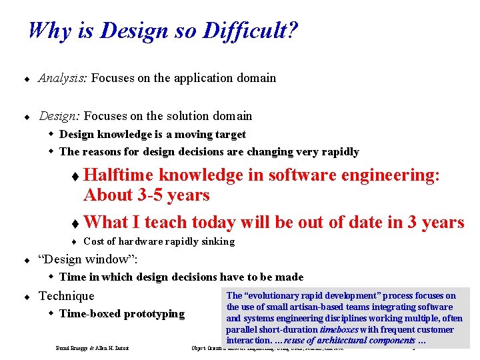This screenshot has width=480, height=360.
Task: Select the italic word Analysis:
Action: [x=63, y=78]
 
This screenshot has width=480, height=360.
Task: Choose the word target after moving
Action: [x=229, y=134]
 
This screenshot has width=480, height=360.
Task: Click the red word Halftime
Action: [x=119, y=175]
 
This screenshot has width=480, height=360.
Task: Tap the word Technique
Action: [x=67, y=295]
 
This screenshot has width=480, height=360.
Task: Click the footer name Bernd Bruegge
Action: [x=73, y=349]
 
